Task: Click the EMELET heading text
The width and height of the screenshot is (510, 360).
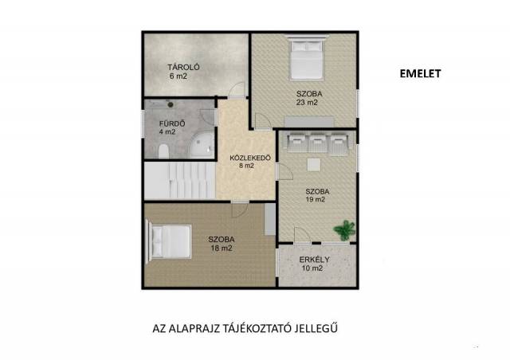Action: (420, 74)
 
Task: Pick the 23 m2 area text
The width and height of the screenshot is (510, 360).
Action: (307, 103)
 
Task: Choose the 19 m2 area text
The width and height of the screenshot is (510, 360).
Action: (316, 200)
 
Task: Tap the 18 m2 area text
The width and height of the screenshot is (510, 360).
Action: (222, 248)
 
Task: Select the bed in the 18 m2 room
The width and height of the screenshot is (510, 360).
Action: (168, 241)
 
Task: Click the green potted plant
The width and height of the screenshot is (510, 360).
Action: (344, 230)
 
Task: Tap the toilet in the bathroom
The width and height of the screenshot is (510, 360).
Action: (163, 151)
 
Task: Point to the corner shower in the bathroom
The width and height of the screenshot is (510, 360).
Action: (202, 145)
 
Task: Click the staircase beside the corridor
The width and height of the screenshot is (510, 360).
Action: (180, 181)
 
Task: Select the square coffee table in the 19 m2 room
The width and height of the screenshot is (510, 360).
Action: (314, 165)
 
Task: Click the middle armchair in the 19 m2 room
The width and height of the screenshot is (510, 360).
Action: (317, 143)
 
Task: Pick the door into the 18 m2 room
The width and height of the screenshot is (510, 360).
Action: (240, 209)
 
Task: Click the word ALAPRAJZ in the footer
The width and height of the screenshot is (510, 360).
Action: (194, 328)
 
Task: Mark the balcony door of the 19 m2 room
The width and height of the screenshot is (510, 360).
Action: (303, 235)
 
